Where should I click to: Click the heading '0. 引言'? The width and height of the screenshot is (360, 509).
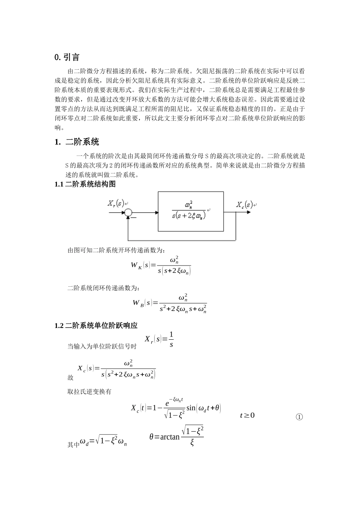pyautogui.click(x=67, y=58)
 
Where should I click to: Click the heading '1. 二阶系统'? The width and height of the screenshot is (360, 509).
pyautogui.click(x=77, y=142)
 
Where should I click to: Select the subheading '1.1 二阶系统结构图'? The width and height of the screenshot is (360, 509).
pyautogui.click(x=85, y=184)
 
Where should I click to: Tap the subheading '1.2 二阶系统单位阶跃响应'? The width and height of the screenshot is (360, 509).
pyautogui.click(x=96, y=326)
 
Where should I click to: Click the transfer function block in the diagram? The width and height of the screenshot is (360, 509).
pyautogui.click(x=191, y=211)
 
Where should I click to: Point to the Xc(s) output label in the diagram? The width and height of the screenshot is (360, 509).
pyautogui.click(x=245, y=205)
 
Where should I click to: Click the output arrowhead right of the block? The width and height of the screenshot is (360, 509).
pyautogui.click(x=248, y=212)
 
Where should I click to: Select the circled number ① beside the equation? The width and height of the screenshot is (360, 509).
pyautogui.click(x=299, y=417)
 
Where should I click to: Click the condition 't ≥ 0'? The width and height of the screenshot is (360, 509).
pyautogui.click(x=247, y=415)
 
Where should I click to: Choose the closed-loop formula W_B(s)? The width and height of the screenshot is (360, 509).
pyautogui.click(x=169, y=303)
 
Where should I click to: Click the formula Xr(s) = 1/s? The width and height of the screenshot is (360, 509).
pyautogui.click(x=160, y=339)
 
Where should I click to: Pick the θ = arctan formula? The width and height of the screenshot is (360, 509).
pyautogui.click(x=177, y=436)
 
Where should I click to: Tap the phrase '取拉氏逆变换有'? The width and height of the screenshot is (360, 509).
pyautogui.click(x=89, y=392)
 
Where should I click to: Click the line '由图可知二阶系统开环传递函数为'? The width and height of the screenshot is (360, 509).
pyautogui.click(x=116, y=250)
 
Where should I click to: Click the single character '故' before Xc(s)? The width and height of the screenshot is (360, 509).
pyautogui.click(x=70, y=378)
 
